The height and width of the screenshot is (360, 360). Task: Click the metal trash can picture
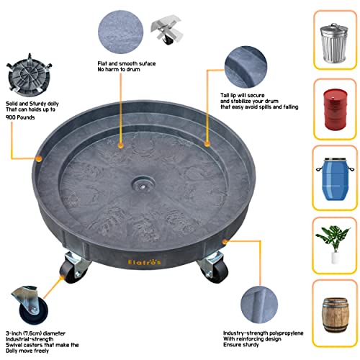tap(334, 43)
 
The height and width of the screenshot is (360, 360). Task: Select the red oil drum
tap(335, 109)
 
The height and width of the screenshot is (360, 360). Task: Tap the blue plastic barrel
tap(335, 179)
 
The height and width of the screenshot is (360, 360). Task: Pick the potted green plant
tap(333, 244)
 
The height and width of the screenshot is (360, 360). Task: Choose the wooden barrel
tap(335, 315)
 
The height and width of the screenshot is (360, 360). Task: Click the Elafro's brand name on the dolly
tap(145, 262)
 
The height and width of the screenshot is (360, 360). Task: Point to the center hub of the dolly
tap(143, 186)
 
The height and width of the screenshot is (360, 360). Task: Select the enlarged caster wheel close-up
tap(30, 305)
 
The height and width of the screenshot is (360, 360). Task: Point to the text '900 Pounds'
tap(20, 117)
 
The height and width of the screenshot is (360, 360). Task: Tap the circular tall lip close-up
tap(246, 67)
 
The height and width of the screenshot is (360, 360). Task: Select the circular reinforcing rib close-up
tap(259, 305)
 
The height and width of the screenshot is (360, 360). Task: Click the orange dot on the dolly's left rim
tap(39, 158)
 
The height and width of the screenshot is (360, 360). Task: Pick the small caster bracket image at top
tap(166, 30)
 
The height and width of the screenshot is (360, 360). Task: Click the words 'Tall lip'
tap(228, 95)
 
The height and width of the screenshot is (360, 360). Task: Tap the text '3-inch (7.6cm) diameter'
tap(35, 333)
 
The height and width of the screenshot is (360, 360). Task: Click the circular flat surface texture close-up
tap(120, 32)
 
